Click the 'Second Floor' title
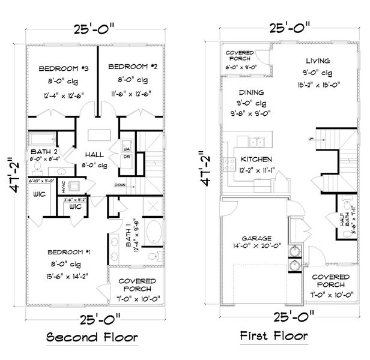92,337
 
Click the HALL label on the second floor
94,154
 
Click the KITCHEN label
256,160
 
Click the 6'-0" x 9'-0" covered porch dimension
242,68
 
